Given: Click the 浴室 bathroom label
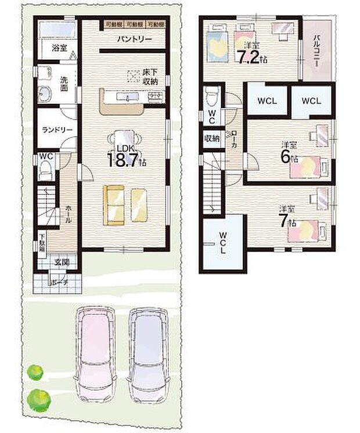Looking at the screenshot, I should pos(57,46).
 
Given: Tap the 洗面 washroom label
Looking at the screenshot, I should pos(65,85).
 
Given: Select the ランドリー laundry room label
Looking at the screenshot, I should pos(56,130).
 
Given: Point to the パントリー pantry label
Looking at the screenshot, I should pos(134,39).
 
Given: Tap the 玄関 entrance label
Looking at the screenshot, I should pos(62,263).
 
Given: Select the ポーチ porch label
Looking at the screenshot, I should pos(59,282).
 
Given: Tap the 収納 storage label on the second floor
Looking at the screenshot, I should pos(211,138).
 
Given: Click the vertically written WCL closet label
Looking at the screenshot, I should pos(223,242).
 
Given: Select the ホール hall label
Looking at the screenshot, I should pos(69,215).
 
